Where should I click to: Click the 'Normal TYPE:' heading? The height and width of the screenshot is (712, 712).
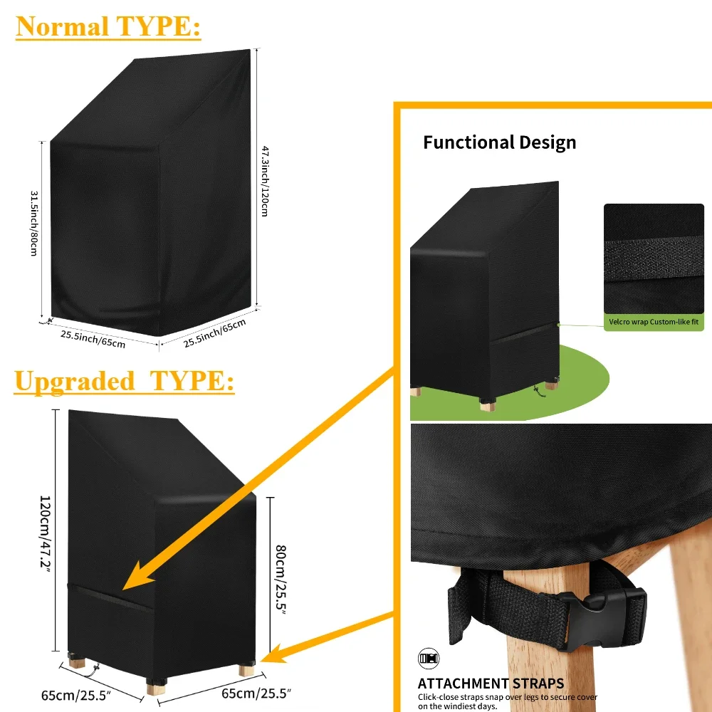[108, 26]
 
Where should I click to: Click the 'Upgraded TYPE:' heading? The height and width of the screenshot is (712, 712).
[125, 381]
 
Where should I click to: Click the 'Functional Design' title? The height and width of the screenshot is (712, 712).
[499, 142]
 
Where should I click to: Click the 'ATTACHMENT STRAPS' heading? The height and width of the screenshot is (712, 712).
[491, 684]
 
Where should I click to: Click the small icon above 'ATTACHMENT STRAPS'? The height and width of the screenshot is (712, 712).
[425, 656]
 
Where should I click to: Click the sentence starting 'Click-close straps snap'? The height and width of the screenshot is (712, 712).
[507, 701]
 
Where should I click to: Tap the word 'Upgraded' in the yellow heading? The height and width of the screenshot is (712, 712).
[74, 381]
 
